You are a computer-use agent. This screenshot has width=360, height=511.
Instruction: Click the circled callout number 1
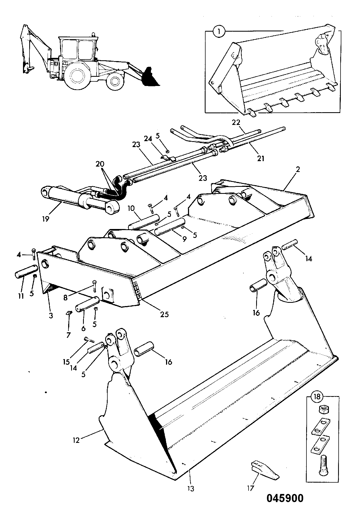click(219, 32)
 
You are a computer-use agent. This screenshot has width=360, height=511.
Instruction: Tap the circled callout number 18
click(317, 397)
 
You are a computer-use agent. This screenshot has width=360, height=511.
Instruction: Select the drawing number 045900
click(285, 498)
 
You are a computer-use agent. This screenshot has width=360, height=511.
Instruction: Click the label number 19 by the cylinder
click(45, 219)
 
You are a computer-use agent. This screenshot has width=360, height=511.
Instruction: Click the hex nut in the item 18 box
click(323, 410)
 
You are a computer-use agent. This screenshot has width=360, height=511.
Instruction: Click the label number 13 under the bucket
click(191, 489)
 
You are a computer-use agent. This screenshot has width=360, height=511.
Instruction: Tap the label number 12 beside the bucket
click(76, 440)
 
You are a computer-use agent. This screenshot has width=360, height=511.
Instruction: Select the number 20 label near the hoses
click(99, 164)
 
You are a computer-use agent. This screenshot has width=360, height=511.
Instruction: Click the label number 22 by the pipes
click(236, 122)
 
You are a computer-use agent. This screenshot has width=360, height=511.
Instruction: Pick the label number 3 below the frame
click(51, 315)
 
